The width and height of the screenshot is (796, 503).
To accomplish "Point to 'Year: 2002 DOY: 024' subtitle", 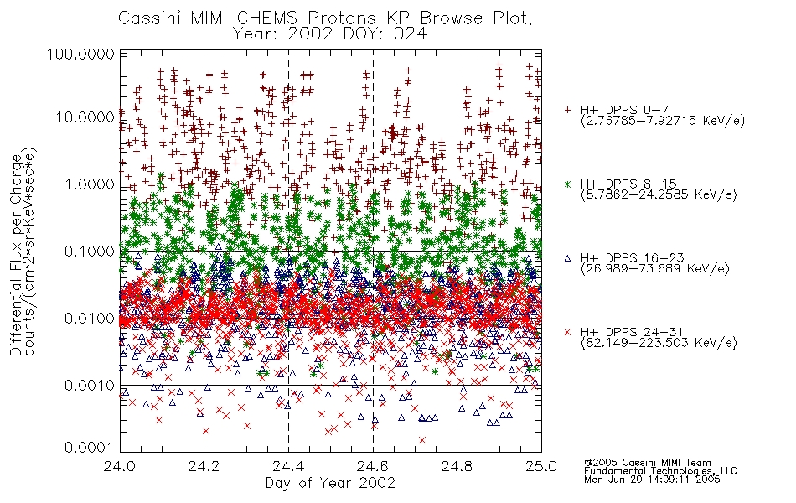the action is click(330, 34).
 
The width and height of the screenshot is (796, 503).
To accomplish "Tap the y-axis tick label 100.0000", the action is click(80, 54).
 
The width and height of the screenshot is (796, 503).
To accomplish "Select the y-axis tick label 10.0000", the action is click(85, 117).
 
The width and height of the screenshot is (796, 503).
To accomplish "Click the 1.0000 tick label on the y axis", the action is click(90, 184).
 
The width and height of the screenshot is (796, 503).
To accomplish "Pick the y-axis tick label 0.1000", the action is click(90, 251).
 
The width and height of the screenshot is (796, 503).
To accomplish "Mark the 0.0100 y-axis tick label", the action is click(90, 319).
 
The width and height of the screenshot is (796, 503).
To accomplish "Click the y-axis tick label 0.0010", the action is click(90, 386).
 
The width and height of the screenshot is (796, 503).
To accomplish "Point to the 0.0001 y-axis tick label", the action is click(90, 448).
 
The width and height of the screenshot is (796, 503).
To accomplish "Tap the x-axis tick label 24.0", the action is click(120, 466).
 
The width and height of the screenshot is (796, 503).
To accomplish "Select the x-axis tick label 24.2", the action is click(204, 466).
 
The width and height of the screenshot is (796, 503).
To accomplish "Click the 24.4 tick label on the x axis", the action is click(288, 466).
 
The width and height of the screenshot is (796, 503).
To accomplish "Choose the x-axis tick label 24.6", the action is click(373, 466).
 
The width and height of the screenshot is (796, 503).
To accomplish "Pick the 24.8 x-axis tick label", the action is click(457, 466).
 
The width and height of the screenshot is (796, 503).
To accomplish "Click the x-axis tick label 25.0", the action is click(541, 466).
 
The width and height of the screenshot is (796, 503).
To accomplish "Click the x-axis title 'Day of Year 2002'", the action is click(330, 483).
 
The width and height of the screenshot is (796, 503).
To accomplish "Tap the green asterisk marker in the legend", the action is click(567, 184).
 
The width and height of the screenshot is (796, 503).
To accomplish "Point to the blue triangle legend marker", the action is click(567, 258).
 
